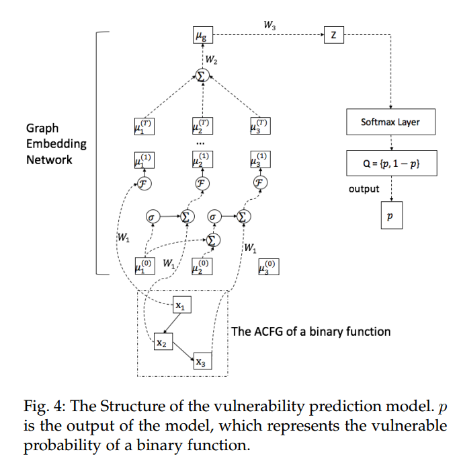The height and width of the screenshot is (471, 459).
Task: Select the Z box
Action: [333, 36]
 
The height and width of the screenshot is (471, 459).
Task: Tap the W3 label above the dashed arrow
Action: [269, 26]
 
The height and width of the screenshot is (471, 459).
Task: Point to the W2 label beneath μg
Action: [211, 59]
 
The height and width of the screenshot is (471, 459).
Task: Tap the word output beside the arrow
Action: [364, 189]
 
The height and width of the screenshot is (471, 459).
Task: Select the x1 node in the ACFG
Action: [180, 306]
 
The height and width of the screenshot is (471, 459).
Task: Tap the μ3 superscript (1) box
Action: [259, 160]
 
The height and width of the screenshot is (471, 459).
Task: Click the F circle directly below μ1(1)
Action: [142, 183]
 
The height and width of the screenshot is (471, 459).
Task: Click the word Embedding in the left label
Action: [56, 144]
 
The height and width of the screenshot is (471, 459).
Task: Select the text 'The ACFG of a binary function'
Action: [310, 331]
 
